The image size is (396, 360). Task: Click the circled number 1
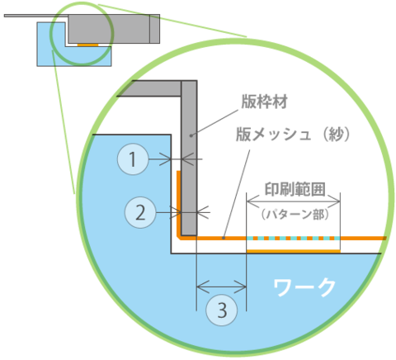[133, 159]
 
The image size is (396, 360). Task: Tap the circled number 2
[140, 212]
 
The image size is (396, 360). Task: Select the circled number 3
[222, 310]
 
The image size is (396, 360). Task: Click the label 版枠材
[264, 102]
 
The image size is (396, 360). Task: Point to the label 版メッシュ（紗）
[293, 135]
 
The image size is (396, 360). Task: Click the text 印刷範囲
[295, 189]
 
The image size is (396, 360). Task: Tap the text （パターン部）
[295, 215]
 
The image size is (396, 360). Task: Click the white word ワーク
[304, 288]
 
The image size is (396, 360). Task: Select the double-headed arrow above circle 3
[221, 287]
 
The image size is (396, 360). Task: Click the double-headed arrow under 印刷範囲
[294, 201]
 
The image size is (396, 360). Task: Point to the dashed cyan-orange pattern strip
[293, 238]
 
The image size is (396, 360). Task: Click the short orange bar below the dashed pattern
[294, 251]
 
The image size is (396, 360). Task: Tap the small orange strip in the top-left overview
[87, 45]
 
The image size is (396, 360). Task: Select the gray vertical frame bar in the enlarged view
[189, 158]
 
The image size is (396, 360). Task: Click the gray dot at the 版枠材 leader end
[191, 135]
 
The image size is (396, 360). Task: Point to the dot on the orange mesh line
[224, 238]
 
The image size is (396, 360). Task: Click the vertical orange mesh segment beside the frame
[178, 203]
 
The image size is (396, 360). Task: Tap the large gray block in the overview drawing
[114, 29]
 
